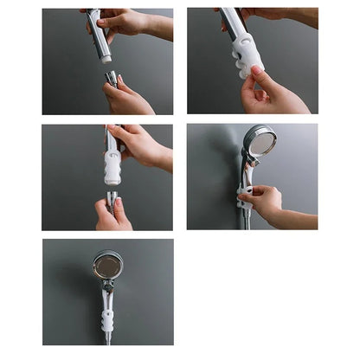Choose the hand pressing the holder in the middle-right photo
263,202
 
